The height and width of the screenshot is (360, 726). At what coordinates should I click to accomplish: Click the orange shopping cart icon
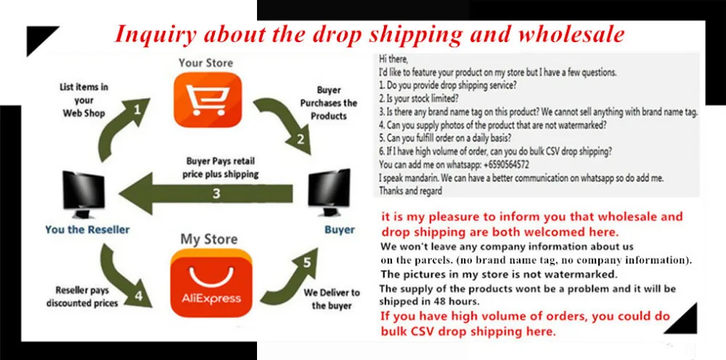tap(208, 99)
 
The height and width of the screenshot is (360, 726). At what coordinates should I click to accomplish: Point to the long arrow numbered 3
tap(206, 193)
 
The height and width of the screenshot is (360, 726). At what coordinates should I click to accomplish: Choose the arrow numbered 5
tap(291, 278)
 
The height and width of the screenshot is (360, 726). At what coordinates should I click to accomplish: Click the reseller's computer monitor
tap(83, 195)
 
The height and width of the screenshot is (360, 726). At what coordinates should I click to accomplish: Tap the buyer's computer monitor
tap(329, 192)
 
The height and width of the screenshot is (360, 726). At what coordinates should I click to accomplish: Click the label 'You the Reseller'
tap(88, 229)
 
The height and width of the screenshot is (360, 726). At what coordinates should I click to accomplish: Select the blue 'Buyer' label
tap(339, 230)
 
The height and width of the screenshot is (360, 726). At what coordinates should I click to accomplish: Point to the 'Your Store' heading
tap(206, 62)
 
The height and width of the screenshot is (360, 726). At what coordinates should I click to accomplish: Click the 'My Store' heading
tap(209, 240)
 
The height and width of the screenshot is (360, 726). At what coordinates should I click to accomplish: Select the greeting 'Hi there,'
tap(393, 60)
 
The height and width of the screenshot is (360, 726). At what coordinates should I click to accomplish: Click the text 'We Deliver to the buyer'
tap(332, 299)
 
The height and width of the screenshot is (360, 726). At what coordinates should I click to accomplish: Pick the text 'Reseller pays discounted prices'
tap(83, 297)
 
